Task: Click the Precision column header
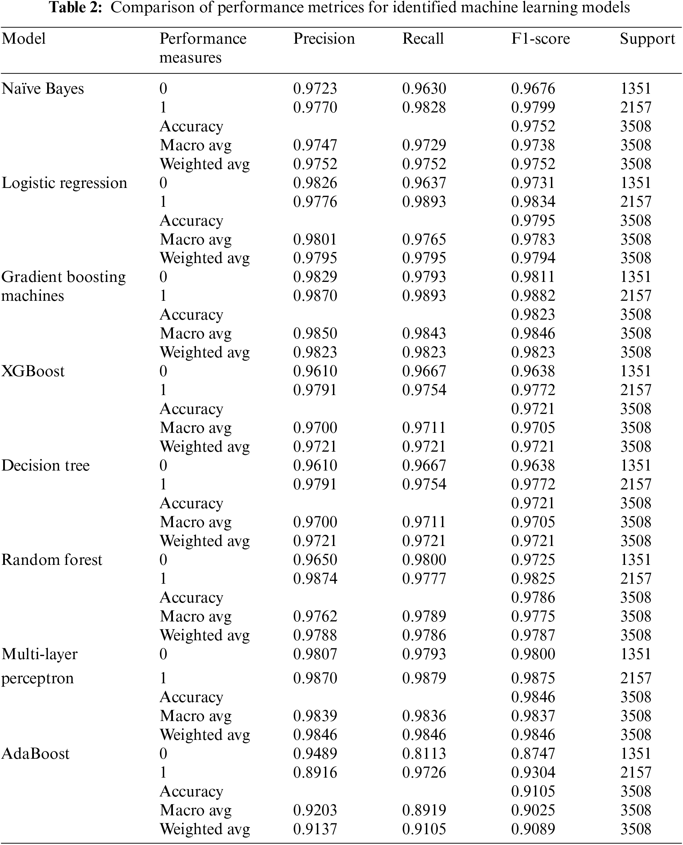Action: click(x=324, y=38)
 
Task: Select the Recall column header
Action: click(x=423, y=38)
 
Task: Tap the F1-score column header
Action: click(x=540, y=38)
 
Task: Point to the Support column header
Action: click(x=647, y=38)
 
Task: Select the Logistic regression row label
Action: click(x=65, y=183)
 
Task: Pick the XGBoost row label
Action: click(x=33, y=371)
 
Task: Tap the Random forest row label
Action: click(x=52, y=560)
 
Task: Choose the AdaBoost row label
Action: click(x=35, y=754)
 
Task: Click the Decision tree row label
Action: click(x=46, y=465)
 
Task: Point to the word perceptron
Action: click(x=38, y=678)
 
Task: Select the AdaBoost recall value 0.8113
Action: click(x=424, y=754)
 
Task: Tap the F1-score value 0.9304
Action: click(x=533, y=773)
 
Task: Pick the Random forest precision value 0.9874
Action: click(x=315, y=579)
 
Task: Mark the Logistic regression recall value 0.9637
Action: click(x=424, y=183)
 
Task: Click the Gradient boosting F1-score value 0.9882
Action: click(x=533, y=296)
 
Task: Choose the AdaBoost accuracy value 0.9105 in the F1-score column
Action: click(x=533, y=792)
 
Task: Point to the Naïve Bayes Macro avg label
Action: click(x=196, y=145)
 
